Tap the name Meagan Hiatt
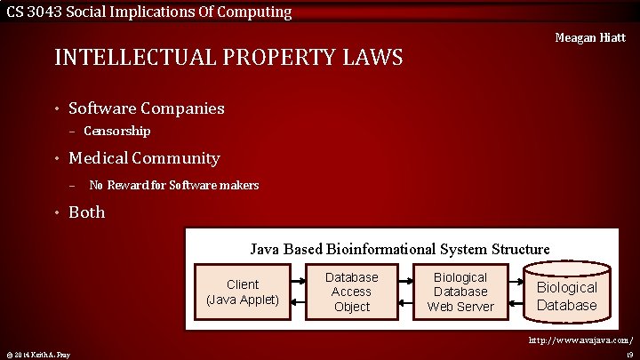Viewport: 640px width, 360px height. [589, 37]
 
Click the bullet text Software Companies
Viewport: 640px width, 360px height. [146, 108]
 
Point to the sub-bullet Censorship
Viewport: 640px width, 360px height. [116, 131]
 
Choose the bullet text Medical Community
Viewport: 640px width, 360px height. [143, 158]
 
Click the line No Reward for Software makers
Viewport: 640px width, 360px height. [173, 185]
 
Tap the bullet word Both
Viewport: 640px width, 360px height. [86, 212]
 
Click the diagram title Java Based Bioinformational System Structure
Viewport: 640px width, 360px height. [399, 249]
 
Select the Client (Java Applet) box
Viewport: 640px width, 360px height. [243, 292]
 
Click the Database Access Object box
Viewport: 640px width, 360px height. [351, 292]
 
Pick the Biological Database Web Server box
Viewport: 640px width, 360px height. [460, 292]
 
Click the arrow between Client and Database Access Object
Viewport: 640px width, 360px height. [298, 292]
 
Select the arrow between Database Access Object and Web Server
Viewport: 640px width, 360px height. [405, 292]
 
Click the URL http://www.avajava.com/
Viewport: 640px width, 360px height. [580, 340]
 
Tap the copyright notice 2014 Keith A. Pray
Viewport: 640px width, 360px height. [36, 355]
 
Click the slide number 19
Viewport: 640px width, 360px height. [628, 355]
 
